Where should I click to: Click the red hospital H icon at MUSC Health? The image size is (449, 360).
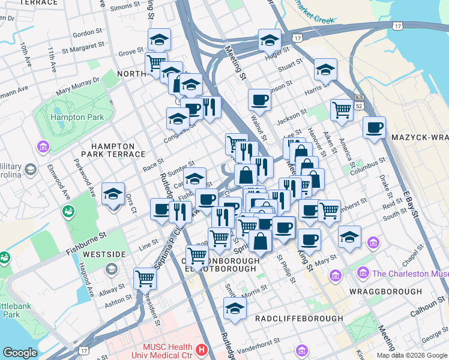[x=202, y=349]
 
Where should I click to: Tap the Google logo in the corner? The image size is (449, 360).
[x=20, y=353]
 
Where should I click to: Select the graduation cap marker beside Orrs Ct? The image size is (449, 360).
[x=113, y=193]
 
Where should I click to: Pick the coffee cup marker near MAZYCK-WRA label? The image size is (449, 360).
[x=374, y=127]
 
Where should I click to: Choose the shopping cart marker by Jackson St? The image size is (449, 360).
[x=342, y=110]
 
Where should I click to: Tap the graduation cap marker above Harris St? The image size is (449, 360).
[x=325, y=69]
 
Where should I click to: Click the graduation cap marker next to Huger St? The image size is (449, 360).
[x=270, y=40]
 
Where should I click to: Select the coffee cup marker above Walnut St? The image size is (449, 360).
[x=260, y=99]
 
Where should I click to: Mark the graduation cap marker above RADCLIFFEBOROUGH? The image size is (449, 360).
[x=235, y=308]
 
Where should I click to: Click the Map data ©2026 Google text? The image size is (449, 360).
[x=411, y=355]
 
